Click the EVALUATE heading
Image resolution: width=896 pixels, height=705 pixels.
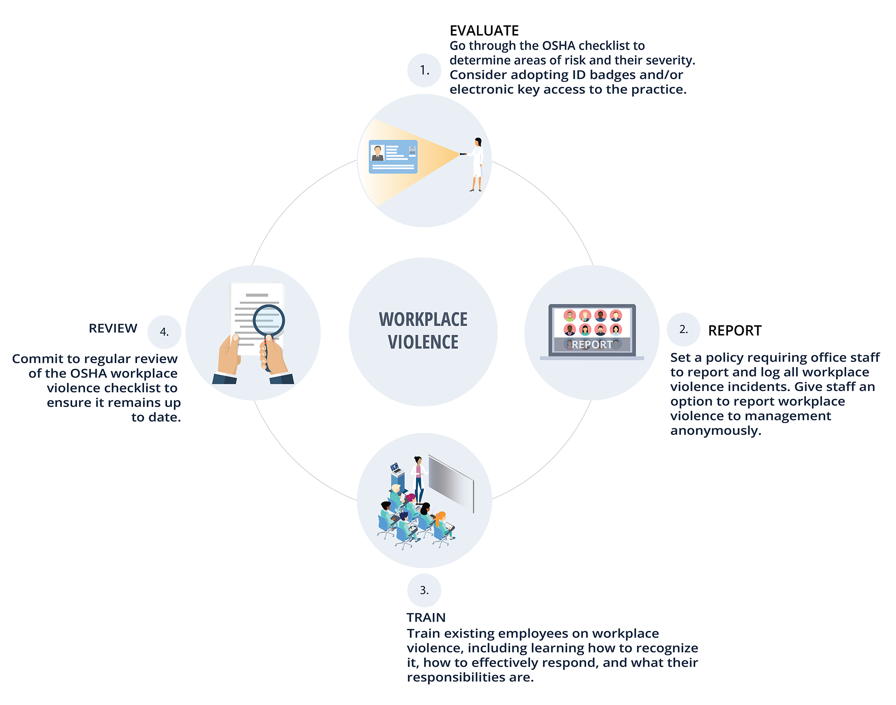[x=484, y=30]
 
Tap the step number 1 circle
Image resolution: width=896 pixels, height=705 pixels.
[x=424, y=70]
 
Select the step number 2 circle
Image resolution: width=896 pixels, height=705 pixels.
[x=683, y=329]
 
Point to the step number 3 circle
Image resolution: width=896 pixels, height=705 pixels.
[x=424, y=590]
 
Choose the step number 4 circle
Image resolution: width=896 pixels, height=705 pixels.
[x=164, y=332]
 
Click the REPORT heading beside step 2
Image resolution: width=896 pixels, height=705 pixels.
[x=735, y=331]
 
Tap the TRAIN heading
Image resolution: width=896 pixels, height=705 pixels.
[x=426, y=618]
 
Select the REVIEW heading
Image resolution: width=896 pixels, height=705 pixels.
[x=113, y=329]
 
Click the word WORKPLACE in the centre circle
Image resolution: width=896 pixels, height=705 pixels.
[x=423, y=320]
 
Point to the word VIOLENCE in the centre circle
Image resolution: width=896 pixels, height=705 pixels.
[x=423, y=342]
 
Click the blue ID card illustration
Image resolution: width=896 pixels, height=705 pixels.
[x=393, y=156]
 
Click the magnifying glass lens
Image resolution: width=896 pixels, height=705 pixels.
[x=269, y=320]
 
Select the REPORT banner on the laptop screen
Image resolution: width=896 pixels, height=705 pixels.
[x=592, y=345]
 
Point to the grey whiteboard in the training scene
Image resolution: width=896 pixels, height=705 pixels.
[x=451, y=484]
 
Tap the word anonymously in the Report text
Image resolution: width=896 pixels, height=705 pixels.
[x=715, y=431]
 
